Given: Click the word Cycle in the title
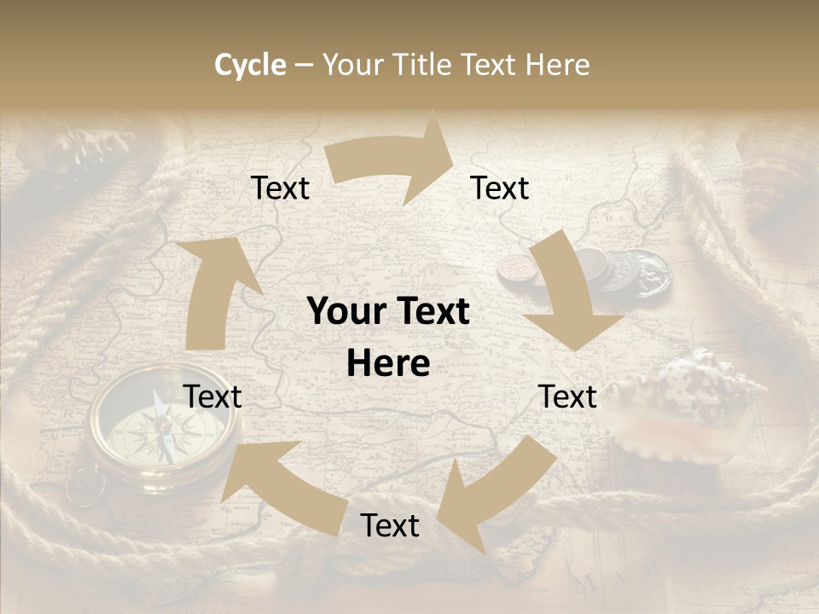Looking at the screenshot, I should [250, 65].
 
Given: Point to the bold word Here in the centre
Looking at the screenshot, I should [388, 364].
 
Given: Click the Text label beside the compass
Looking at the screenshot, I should [212, 397].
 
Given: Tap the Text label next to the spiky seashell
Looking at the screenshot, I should [567, 397].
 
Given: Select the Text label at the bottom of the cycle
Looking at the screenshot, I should [390, 525].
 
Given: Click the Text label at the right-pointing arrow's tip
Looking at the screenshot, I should [500, 188].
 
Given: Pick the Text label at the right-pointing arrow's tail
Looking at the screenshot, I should [281, 188].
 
